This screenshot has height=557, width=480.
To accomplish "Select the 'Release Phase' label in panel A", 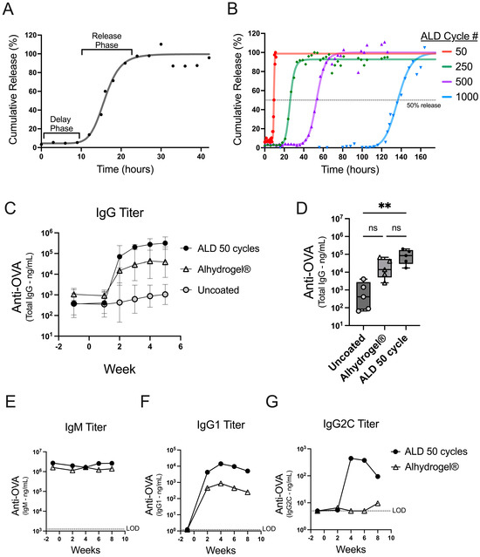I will [x=107, y=40].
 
